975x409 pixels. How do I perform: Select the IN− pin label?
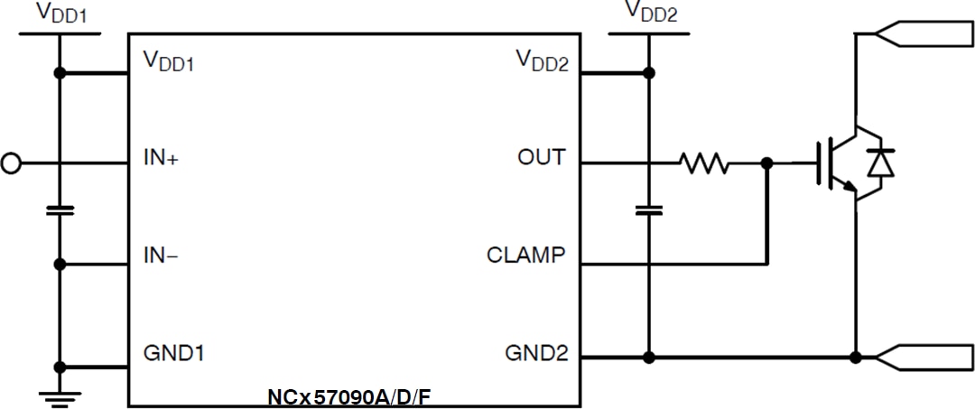(x=162, y=256)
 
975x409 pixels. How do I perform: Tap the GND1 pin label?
(x=174, y=352)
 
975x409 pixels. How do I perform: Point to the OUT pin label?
(x=541, y=157)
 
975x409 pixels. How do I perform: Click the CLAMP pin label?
(x=525, y=256)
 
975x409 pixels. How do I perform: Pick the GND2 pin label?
(x=536, y=352)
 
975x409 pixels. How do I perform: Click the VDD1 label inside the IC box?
(x=169, y=62)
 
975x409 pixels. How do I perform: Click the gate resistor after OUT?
(x=704, y=163)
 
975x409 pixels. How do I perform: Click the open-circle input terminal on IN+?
(x=11, y=163)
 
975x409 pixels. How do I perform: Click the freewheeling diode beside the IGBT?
(x=881, y=163)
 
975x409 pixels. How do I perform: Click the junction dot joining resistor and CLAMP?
(x=766, y=163)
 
